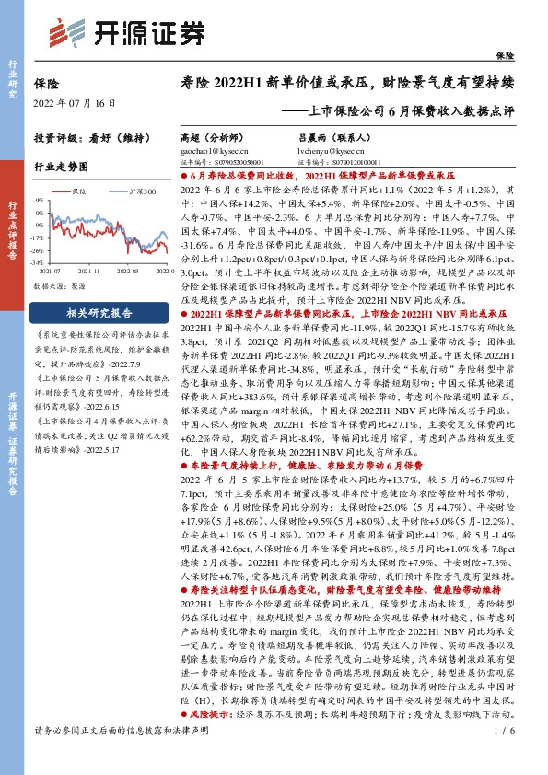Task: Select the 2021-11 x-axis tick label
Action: pyautogui.click(x=87, y=271)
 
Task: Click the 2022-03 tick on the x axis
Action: pyautogui.click(x=128, y=271)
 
